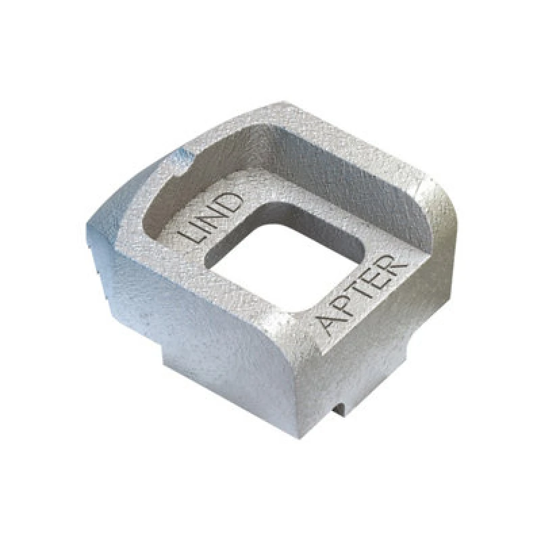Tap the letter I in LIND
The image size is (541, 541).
point(204,227)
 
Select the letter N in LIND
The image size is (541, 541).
point(216,216)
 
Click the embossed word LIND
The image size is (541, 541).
point(212,218)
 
